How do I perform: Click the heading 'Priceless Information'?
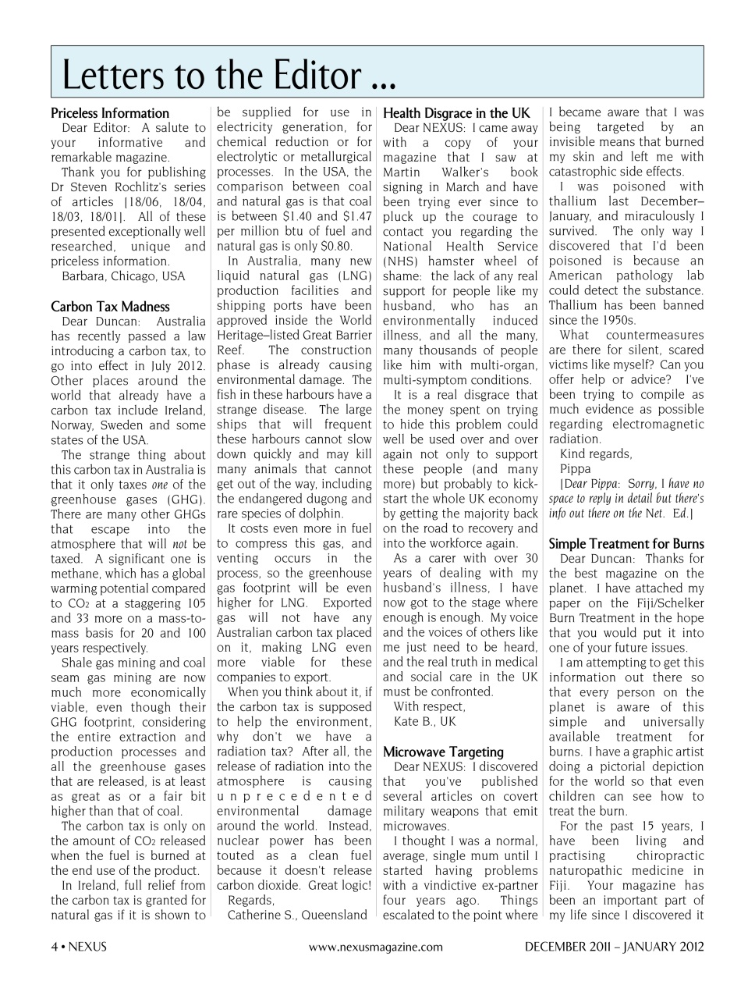click(x=110, y=113)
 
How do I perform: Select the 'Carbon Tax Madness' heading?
click(x=110, y=307)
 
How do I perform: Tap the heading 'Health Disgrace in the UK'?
click(x=456, y=113)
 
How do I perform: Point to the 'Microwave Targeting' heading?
click(x=443, y=752)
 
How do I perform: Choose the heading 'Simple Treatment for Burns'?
click(x=626, y=544)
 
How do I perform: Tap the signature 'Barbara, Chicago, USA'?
click(x=123, y=276)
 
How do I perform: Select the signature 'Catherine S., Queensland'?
click(x=297, y=915)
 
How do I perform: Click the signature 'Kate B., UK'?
click(x=425, y=722)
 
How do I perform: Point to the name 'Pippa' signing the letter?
click(x=576, y=469)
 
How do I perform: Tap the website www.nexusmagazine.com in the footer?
click(x=376, y=947)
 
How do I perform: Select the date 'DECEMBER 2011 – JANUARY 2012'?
click(x=614, y=947)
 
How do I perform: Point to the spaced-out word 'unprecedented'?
click(x=294, y=797)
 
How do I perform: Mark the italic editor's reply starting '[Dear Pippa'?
click(x=626, y=499)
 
